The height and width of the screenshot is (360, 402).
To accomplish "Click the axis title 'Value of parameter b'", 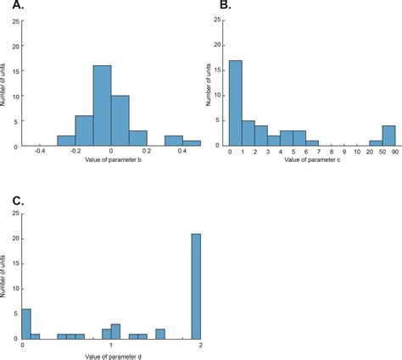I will (111, 159).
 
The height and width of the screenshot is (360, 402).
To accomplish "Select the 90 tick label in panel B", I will (395, 152).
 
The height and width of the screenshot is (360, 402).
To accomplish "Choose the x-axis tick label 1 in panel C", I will (111, 345).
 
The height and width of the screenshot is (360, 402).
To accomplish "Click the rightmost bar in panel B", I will (388, 136).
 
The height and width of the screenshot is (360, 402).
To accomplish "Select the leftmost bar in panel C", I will (25, 323).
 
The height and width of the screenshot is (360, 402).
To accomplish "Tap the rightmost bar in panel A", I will (192, 143).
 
